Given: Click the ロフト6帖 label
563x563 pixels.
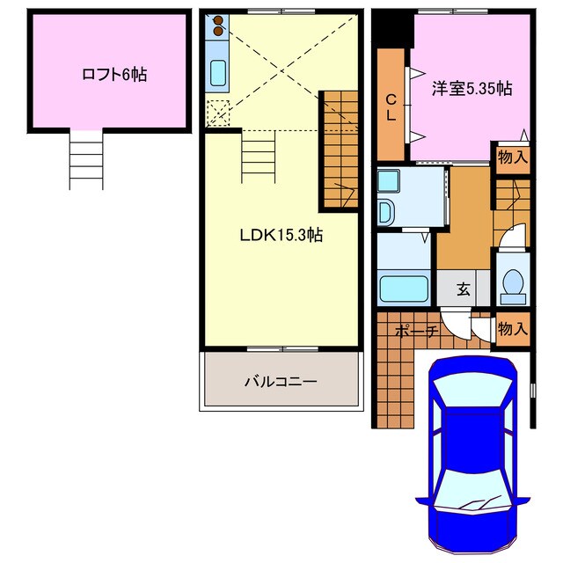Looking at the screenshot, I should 112,75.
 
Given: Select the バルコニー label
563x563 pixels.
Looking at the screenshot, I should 280,382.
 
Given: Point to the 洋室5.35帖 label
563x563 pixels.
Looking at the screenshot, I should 472,88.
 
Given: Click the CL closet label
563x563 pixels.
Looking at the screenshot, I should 391,106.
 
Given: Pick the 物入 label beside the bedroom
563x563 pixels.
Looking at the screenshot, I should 513,158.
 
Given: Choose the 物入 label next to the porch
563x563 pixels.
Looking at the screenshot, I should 513,329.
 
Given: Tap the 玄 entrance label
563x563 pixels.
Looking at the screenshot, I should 463,288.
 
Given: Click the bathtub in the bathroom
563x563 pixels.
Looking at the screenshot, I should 403,287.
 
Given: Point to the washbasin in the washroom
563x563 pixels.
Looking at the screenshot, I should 386,212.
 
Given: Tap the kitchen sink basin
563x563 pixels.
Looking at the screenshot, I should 217,73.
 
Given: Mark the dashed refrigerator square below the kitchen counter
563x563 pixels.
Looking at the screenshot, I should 217,113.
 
